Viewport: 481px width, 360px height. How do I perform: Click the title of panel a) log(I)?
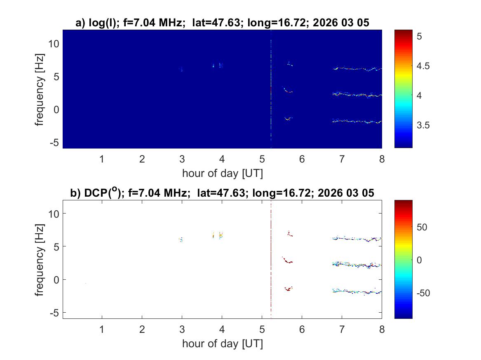point(222,23)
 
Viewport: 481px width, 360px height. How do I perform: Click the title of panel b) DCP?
point(222,193)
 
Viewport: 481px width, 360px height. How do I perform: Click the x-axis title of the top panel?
point(222,173)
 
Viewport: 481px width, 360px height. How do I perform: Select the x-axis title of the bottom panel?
point(222,344)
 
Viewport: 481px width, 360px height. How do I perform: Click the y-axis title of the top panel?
point(40,89)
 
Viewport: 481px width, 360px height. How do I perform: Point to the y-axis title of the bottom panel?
point(40,259)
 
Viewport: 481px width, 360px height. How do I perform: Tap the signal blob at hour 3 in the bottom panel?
point(181,239)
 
